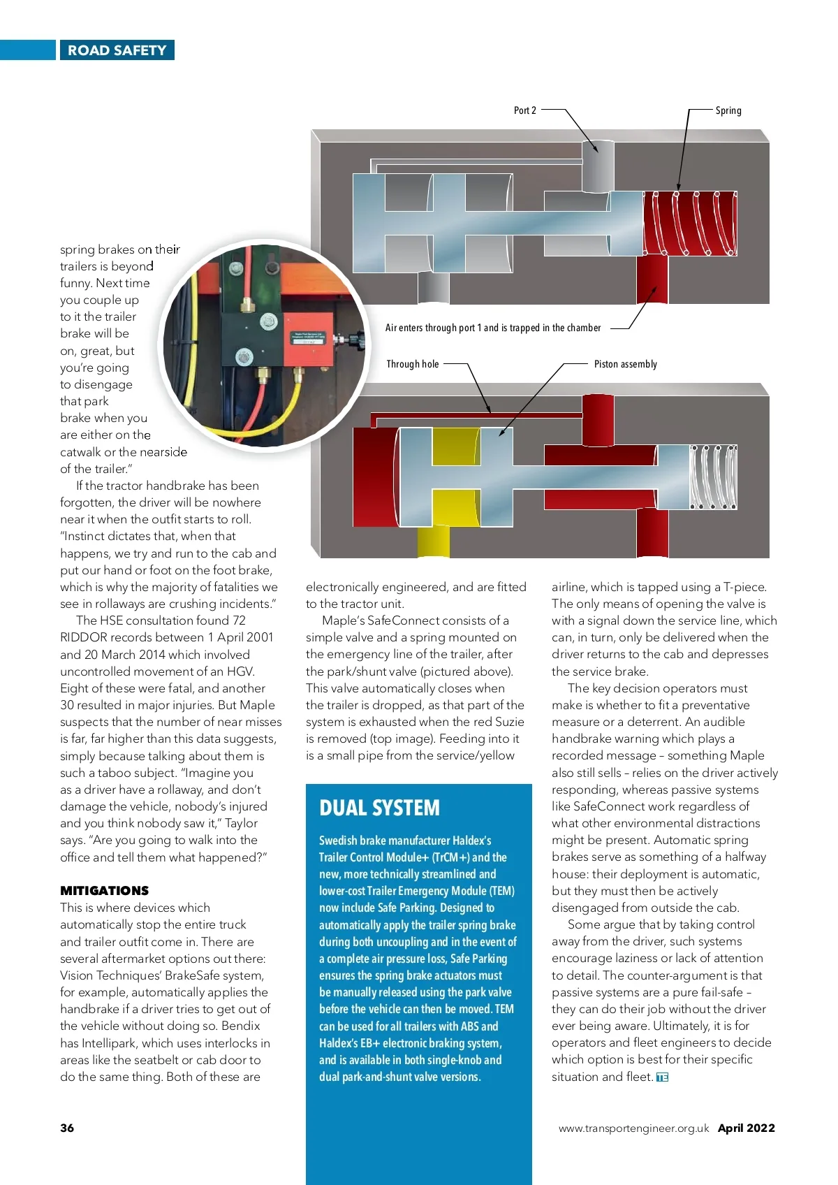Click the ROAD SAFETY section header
click(117, 50)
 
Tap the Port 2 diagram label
click(525, 110)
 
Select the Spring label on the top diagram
click(728, 110)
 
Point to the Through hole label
click(413, 364)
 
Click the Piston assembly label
click(625, 364)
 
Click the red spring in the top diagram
click(690, 223)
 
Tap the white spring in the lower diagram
click(713, 477)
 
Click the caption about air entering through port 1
click(493, 328)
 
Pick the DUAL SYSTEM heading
click(380, 808)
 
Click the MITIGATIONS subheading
click(105, 891)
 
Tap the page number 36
click(67, 1128)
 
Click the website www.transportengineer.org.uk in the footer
click(633, 1128)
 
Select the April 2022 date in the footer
click(747, 1128)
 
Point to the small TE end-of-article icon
click(662, 1077)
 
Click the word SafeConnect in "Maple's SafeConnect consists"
click(409, 620)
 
